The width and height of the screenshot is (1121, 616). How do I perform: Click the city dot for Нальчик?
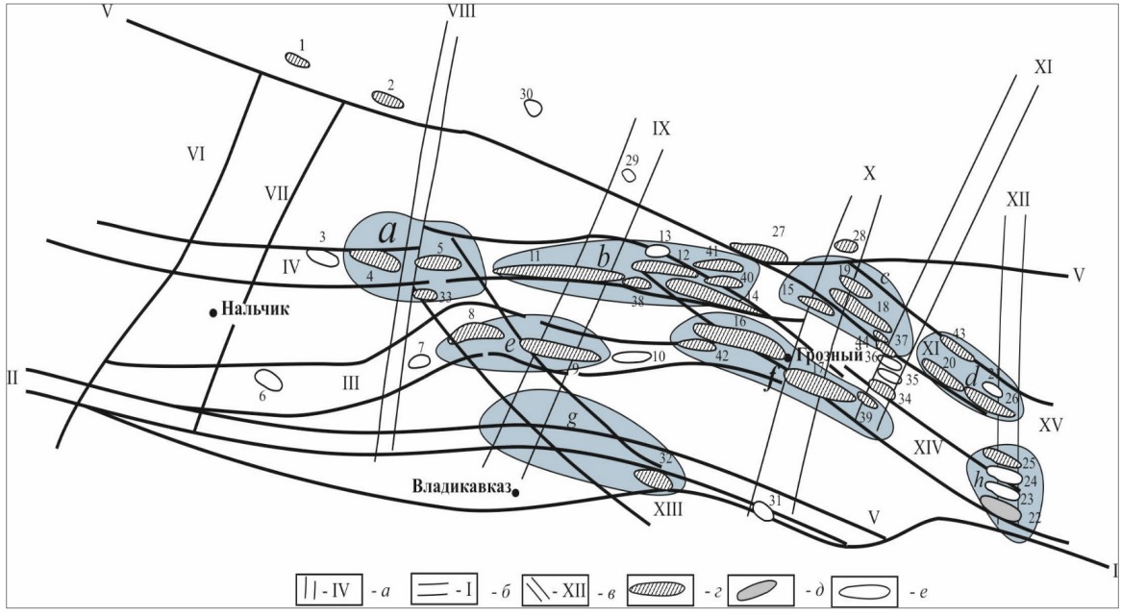pyautogui.click(x=212, y=311)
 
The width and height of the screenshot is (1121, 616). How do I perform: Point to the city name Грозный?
pyautogui.click(x=826, y=355)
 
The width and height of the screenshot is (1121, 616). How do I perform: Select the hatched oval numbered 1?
pyautogui.click(x=298, y=61)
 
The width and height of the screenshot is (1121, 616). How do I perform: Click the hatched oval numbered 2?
pyautogui.click(x=388, y=99)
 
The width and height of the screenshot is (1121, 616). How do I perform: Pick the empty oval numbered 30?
pyautogui.click(x=534, y=108)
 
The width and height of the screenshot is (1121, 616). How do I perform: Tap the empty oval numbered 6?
pyautogui.click(x=271, y=381)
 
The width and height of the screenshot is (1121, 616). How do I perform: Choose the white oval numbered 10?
pyautogui.click(x=632, y=357)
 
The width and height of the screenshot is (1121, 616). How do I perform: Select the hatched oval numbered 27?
pyautogui.click(x=759, y=253)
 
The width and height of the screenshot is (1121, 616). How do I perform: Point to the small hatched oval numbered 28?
pyautogui.click(x=845, y=246)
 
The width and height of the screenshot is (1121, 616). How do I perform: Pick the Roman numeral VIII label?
pyautogui.click(x=461, y=12)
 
